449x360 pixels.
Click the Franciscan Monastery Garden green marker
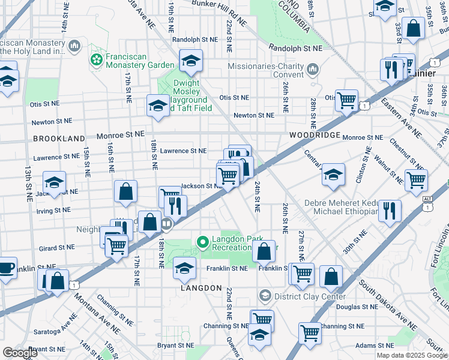pyautogui.click(x=95, y=59)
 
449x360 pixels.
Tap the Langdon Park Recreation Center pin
pyautogui.click(x=203, y=242)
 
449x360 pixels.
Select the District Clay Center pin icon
pyautogui.click(x=265, y=296)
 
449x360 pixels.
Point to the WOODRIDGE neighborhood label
pyautogui.click(x=314, y=136)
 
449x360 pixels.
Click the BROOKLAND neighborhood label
pyautogui.click(x=59, y=139)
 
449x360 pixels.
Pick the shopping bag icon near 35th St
pyautogui.click(x=414, y=28)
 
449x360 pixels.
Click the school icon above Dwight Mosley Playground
pyautogui.click(x=191, y=61)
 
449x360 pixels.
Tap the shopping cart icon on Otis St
pyautogui.click(x=346, y=100)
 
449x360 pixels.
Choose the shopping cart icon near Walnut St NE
pyautogui.click(x=416, y=179)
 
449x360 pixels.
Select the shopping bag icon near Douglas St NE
pyautogui.click(x=331, y=276)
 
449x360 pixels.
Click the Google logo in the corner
pyautogui.click(x=20, y=353)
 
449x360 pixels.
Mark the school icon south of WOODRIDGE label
pyautogui.click(x=333, y=174)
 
